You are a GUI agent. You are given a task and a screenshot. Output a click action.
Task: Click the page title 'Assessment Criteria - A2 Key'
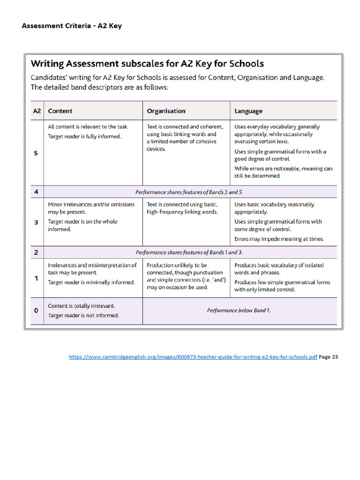(71, 26)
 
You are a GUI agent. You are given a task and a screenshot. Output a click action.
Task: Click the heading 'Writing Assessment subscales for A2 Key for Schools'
(147, 64)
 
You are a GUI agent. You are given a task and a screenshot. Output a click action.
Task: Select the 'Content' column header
(60, 111)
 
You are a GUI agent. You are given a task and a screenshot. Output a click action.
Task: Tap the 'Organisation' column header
(166, 111)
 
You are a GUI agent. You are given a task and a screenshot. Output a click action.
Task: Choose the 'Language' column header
(248, 111)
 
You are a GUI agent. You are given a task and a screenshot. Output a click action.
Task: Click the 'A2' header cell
(37, 111)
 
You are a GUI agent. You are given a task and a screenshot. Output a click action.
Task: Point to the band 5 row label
(37, 153)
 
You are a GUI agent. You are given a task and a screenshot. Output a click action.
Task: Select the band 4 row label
(37, 192)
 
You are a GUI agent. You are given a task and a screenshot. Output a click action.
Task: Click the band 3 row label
(37, 222)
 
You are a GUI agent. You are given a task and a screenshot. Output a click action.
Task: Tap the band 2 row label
(37, 252)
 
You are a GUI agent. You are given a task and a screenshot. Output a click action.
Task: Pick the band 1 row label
(37, 278)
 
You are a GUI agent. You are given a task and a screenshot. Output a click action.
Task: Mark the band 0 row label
(37, 310)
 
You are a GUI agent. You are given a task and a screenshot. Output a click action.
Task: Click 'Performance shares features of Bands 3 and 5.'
(189, 192)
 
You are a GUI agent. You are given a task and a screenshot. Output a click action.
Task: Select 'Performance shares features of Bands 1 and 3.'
(189, 252)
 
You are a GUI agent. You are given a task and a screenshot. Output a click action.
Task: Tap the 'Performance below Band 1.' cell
(239, 310)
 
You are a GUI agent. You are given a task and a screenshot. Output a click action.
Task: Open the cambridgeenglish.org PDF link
(193, 357)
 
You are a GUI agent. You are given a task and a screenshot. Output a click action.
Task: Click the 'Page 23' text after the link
(328, 357)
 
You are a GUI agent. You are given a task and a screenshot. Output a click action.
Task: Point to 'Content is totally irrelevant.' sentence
(82, 306)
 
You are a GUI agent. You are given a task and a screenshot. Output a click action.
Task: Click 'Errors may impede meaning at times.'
(279, 239)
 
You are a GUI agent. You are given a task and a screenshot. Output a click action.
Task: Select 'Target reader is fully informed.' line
(84, 136)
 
